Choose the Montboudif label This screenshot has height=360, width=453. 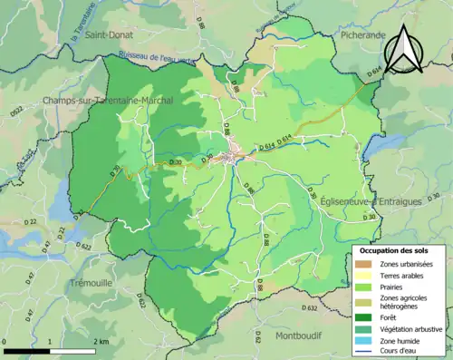[300, 336]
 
